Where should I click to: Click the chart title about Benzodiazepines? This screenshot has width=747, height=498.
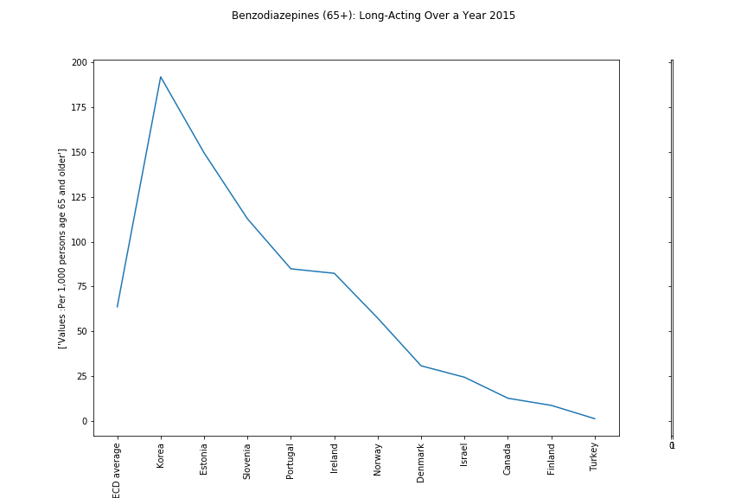[x=373, y=16]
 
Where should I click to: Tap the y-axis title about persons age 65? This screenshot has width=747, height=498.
[x=62, y=248]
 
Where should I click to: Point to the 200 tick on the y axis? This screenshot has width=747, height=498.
[x=80, y=63]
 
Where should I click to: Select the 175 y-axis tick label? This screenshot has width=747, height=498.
[x=80, y=108]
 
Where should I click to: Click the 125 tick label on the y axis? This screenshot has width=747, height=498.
[x=80, y=197]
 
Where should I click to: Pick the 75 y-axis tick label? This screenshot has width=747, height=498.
[x=82, y=287]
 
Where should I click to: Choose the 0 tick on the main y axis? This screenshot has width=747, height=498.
[x=85, y=421]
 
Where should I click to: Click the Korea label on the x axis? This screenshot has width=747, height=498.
[x=161, y=456]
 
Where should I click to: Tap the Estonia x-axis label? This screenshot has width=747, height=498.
[x=204, y=459]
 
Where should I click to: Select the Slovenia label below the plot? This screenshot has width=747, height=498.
[x=247, y=462]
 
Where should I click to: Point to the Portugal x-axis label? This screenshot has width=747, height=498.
[x=290, y=461]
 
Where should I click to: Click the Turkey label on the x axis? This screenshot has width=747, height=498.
[x=594, y=457]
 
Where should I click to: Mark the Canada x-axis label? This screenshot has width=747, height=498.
[x=508, y=459]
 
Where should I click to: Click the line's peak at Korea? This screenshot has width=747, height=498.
[x=161, y=77]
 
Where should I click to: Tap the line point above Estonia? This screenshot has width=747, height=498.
[x=204, y=153]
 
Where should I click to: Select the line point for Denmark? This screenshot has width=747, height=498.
[x=421, y=366]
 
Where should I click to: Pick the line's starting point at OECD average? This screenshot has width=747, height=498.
[x=118, y=307]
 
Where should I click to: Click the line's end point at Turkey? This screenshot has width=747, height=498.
[x=594, y=418]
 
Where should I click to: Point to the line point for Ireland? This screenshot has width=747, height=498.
[x=335, y=273]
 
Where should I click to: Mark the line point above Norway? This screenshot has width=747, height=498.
[x=378, y=318]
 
